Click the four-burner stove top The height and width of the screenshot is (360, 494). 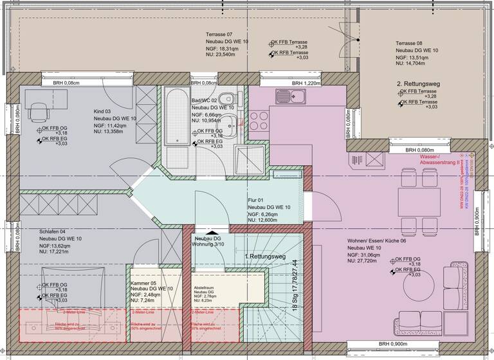[259, 121]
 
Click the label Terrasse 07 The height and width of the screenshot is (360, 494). [219, 34]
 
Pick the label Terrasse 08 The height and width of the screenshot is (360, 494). [409, 42]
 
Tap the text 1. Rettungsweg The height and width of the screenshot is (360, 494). [264, 256]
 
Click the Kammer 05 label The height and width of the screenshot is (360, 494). [145, 283]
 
